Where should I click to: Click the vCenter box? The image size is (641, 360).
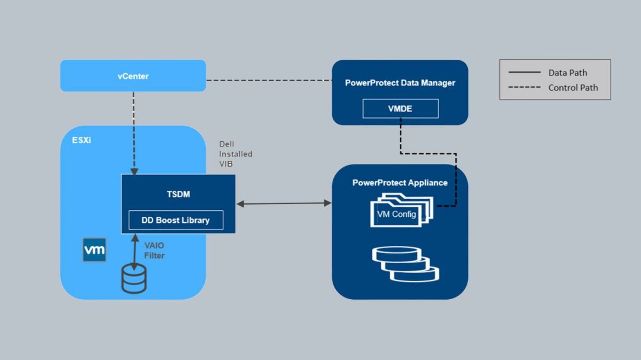[133, 76]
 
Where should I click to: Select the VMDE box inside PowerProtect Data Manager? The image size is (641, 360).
[400, 108]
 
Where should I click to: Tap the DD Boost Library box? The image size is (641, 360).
[175, 220]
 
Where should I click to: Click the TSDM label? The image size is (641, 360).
[178, 194]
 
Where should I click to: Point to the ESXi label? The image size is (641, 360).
[82, 142]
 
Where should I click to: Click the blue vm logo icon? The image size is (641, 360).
[95, 250]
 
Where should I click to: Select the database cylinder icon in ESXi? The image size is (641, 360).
[134, 278]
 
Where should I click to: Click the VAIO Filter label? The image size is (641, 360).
[154, 251]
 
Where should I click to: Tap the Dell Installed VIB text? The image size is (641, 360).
[236, 154]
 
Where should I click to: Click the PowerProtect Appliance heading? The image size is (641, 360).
[400, 183]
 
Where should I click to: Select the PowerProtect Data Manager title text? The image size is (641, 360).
[400, 83]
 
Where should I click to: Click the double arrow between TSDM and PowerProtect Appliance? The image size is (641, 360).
[284, 203]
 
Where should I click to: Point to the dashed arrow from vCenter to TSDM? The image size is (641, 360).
[134, 134]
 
